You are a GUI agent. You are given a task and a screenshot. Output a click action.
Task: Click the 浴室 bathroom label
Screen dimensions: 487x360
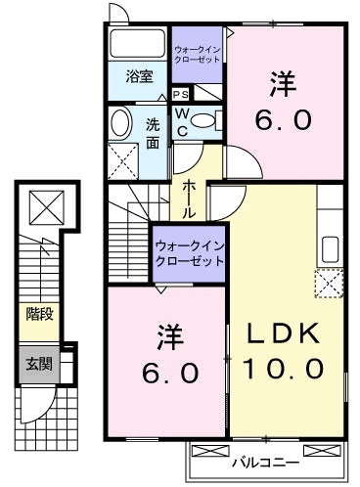138,74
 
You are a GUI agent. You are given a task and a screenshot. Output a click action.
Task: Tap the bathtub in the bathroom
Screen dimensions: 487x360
137,45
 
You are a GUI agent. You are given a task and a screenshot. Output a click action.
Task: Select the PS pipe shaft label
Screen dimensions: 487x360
181,94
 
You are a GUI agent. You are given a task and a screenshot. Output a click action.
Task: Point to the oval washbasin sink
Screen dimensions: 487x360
119,124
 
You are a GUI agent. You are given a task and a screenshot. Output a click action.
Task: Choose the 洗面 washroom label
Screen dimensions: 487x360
154,133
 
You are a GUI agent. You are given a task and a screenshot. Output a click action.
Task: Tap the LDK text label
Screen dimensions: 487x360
284,333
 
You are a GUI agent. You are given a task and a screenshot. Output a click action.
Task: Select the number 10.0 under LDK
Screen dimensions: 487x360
284,369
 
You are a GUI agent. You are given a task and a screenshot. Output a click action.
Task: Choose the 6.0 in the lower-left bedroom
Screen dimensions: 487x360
165,373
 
